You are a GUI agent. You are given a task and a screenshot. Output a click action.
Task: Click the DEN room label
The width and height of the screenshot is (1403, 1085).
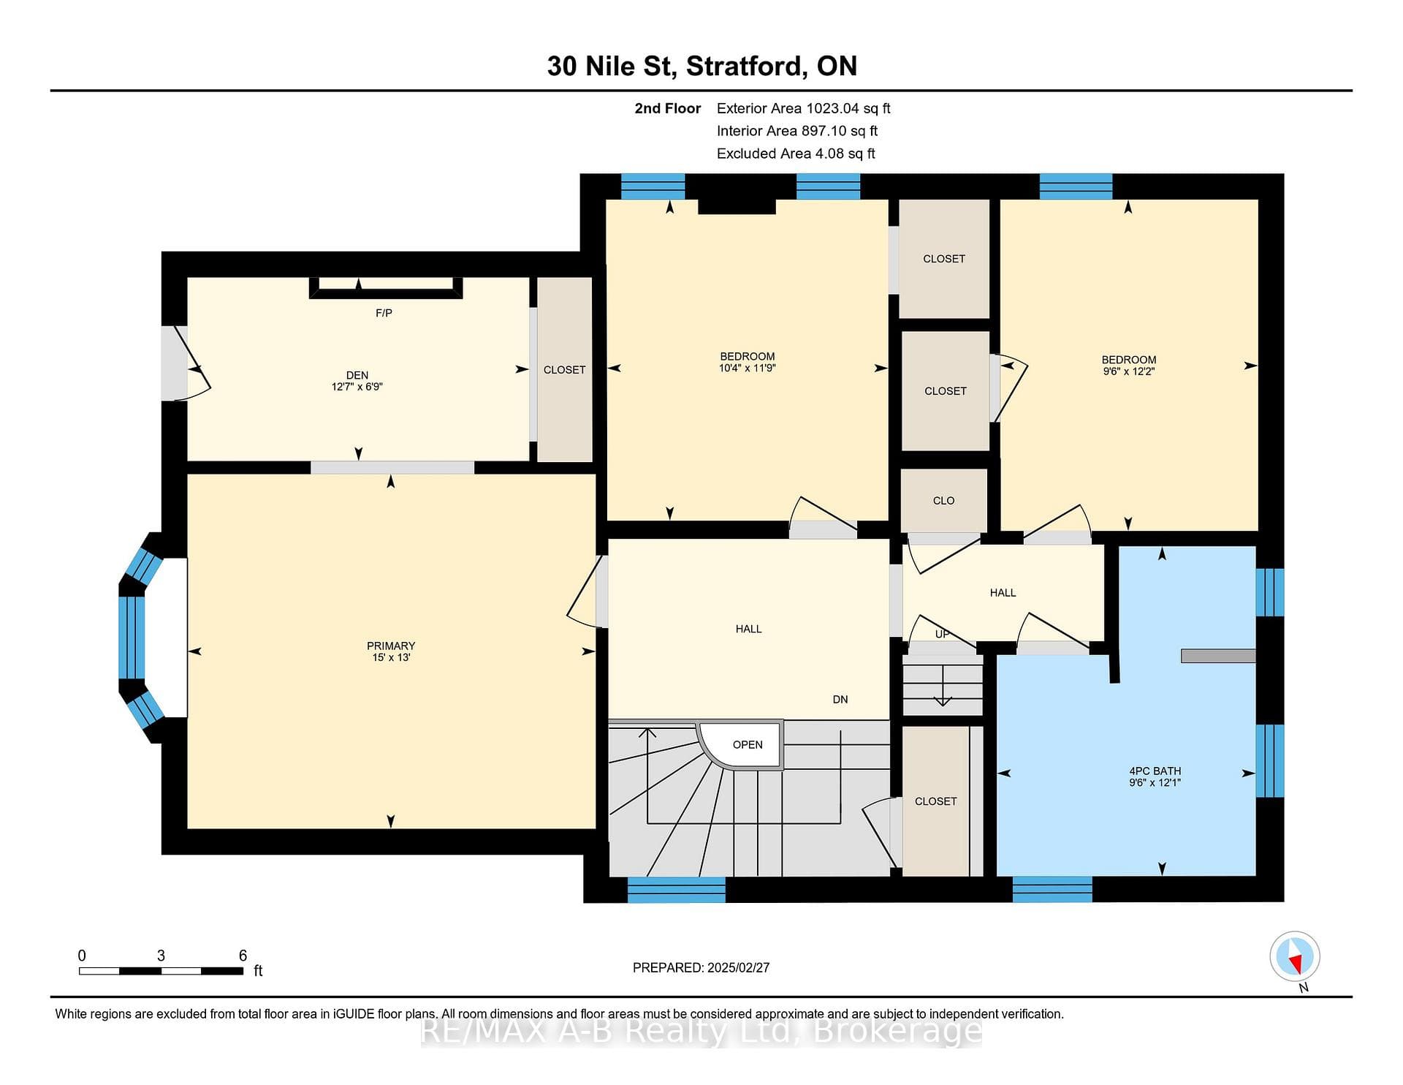[x=357, y=375]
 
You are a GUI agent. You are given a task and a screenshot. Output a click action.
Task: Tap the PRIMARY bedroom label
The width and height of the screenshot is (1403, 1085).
[x=391, y=646]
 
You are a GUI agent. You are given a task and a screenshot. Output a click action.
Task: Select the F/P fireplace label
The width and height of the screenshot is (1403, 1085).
[x=384, y=313]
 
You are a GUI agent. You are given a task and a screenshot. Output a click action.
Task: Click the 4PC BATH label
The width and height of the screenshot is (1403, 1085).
[x=1155, y=771]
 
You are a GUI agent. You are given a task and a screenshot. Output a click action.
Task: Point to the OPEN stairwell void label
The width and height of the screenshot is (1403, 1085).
[x=748, y=744]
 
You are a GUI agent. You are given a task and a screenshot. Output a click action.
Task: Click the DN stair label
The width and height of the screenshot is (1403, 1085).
[x=840, y=699]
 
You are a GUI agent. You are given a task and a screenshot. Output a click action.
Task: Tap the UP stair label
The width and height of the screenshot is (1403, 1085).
[x=943, y=634]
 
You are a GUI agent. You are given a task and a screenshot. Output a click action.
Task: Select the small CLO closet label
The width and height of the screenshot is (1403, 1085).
[x=943, y=500]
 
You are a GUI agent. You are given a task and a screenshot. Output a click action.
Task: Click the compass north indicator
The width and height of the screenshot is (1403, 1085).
[x=1295, y=957]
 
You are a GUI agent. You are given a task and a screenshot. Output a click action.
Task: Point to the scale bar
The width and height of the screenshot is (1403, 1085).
[x=161, y=971]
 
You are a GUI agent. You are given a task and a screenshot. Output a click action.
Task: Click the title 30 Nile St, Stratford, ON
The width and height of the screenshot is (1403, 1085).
[x=701, y=66]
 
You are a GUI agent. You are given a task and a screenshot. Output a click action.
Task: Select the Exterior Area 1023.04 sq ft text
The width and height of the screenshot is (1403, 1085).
[x=803, y=108]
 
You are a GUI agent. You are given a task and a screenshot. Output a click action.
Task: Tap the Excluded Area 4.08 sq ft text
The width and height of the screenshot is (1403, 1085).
[x=796, y=154]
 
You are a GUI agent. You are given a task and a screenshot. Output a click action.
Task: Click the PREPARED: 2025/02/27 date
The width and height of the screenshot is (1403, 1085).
[x=701, y=967]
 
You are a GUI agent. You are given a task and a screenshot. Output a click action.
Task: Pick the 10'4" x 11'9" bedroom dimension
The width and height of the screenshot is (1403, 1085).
[x=747, y=368]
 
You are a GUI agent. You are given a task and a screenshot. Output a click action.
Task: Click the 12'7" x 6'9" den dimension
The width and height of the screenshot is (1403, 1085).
[x=357, y=386]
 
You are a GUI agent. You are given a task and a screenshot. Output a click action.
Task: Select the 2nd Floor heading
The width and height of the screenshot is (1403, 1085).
[x=667, y=108]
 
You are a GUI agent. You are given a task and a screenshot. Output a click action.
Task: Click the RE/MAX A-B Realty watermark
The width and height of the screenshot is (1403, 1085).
[x=701, y=1031]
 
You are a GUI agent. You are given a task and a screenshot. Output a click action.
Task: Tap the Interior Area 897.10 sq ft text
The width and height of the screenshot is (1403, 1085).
[x=796, y=131]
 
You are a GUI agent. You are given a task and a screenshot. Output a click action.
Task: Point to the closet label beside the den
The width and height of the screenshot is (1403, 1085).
[x=564, y=370]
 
